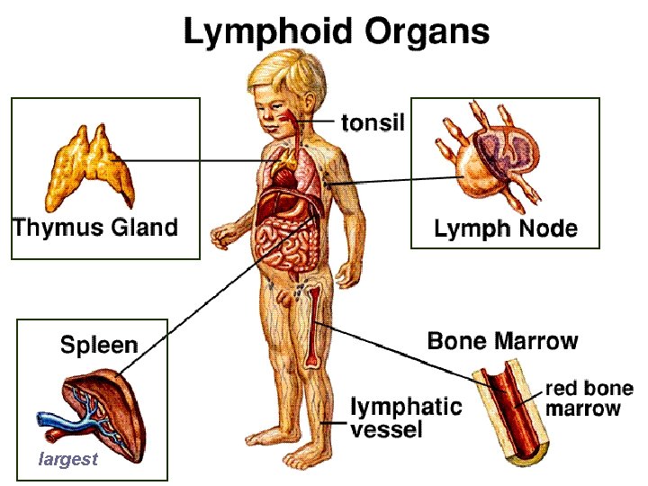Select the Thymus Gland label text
pos(94,226)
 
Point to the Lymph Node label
pos(505,229)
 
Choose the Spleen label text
pos(99,345)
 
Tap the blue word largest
pos(67,460)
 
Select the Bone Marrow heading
pos(502,341)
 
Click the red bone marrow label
pos(589,399)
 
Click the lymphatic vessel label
pos(405,418)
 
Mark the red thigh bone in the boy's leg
pos(312,324)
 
